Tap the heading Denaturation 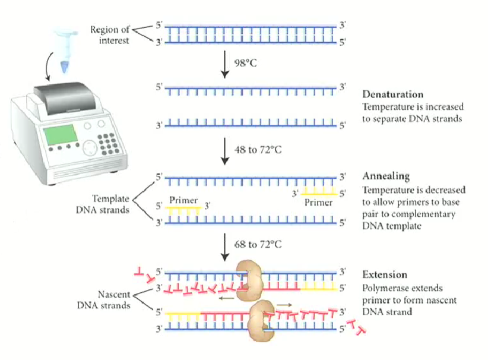click(x=392, y=94)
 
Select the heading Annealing click(x=386, y=176)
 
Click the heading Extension click(x=385, y=274)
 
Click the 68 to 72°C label click(x=256, y=244)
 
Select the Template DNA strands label click(x=110, y=204)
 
